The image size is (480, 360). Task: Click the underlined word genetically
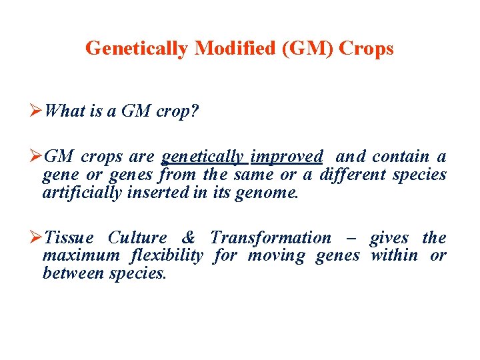pyautogui.click(x=203, y=157)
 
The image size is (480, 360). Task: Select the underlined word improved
pyautogui.click(x=287, y=157)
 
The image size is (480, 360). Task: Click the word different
pyautogui.click(x=353, y=175)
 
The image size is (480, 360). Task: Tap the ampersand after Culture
pyautogui.click(x=189, y=238)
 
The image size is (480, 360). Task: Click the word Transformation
pyautogui.click(x=270, y=238)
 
